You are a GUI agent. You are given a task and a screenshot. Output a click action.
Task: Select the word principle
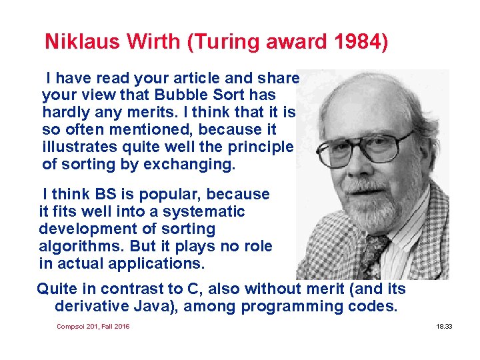coord(261,147)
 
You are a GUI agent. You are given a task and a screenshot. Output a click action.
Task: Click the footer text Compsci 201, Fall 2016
coord(93,326)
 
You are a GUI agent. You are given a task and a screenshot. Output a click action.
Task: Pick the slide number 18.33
coord(444,326)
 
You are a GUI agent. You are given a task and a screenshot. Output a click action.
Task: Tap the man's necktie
coord(373,256)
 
